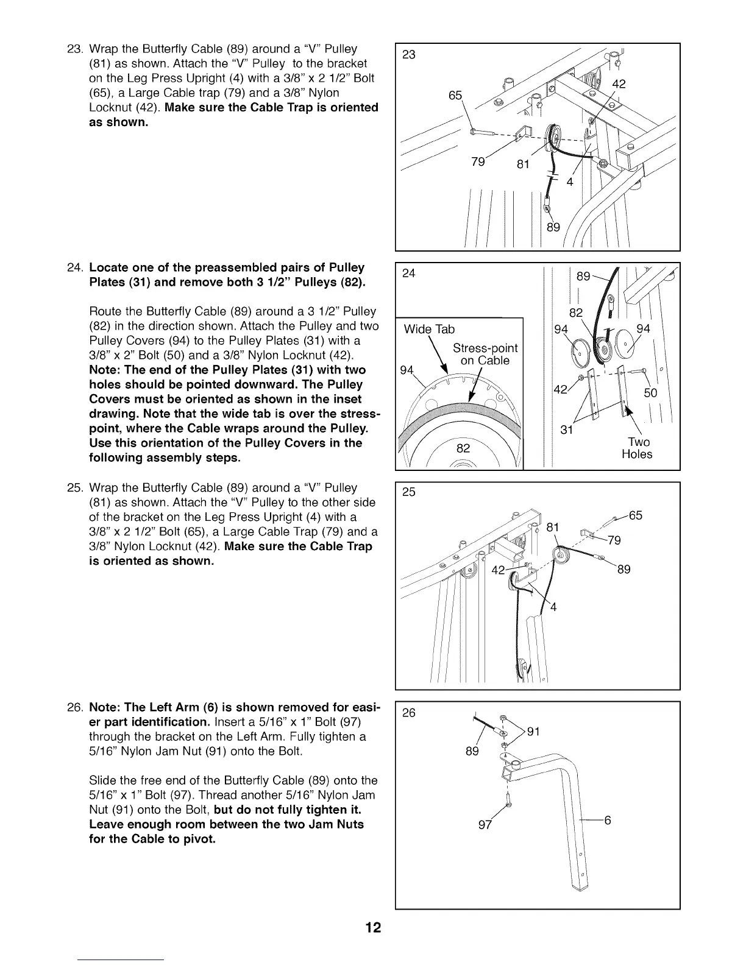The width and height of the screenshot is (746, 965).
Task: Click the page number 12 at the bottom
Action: [373, 928]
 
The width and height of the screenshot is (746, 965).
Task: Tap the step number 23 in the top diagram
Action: [410, 55]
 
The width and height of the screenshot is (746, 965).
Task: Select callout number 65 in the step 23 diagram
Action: [456, 96]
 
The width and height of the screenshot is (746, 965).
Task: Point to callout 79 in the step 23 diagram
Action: [478, 161]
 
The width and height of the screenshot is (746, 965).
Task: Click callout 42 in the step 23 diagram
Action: [619, 84]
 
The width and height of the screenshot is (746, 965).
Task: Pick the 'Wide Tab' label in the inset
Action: [430, 330]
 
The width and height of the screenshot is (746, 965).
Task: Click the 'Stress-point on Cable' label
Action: [485, 354]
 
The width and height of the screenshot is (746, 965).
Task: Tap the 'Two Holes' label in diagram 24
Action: [638, 448]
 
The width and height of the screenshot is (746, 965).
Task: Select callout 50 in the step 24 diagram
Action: [650, 393]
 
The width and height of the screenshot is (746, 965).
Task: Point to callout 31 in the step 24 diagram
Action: [567, 430]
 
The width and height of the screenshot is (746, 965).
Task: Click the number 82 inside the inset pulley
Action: [464, 448]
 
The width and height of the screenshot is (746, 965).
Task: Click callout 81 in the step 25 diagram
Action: [553, 527]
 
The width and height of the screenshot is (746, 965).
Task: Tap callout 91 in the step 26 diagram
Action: [534, 732]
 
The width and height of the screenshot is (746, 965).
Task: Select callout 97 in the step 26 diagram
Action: [485, 825]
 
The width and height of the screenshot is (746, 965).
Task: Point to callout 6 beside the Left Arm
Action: [607, 820]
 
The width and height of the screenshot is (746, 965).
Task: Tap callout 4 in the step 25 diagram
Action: [553, 607]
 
